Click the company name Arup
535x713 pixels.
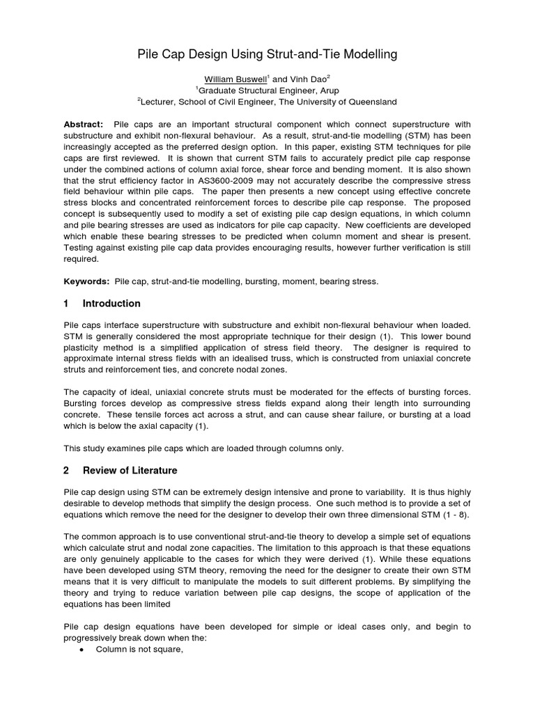coord(335,90)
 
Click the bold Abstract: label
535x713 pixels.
coord(84,123)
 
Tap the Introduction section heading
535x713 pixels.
coord(111,304)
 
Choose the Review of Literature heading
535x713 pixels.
coord(130,470)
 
